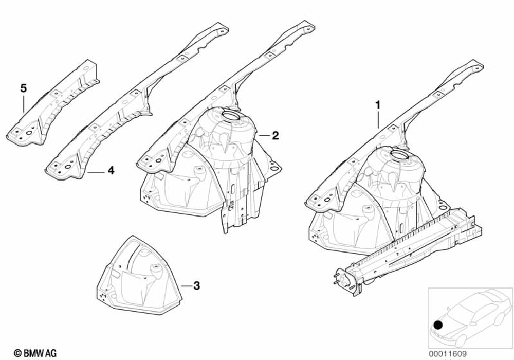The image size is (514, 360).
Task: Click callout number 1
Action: pyautogui.click(x=378, y=105)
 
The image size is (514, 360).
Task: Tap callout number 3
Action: pyautogui.click(x=196, y=285)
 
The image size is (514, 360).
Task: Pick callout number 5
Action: pyautogui.click(x=23, y=88)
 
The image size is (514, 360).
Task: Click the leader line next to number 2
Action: pyautogui.click(x=263, y=135)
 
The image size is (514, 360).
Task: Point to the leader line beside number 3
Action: pyautogui.click(x=186, y=285)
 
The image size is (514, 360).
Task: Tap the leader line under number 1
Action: pyautogui.click(x=378, y=119)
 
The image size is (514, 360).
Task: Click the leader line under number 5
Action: pyautogui.click(x=24, y=103)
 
